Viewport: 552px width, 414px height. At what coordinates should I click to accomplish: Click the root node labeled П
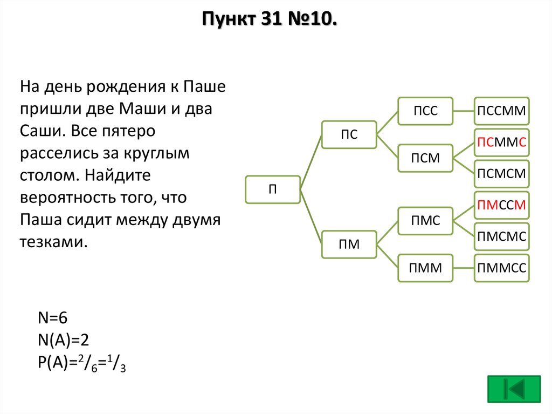point(273,189)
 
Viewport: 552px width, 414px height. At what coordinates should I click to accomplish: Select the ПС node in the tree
point(349,134)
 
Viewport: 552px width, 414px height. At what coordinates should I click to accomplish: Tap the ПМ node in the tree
point(349,244)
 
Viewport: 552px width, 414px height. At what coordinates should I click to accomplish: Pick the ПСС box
point(425,111)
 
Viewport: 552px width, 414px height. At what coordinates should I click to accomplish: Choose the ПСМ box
point(425,158)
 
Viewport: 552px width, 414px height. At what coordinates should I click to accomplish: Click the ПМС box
point(425,221)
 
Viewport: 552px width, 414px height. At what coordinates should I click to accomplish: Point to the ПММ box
point(425,268)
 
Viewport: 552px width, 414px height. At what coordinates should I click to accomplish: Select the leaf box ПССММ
point(502,111)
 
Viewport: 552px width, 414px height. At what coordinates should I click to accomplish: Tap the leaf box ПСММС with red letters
point(502,142)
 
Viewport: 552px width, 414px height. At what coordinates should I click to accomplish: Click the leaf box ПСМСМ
point(502,174)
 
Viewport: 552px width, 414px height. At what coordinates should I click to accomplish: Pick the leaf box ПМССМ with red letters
point(502,205)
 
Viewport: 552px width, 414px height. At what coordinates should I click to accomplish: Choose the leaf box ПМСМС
point(502,236)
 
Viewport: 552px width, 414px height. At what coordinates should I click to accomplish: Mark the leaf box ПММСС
point(502,268)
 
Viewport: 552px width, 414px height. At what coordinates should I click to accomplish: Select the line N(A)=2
point(63,340)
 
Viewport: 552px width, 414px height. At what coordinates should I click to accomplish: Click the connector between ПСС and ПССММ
point(464,111)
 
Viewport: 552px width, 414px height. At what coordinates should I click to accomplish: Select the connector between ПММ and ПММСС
point(464,268)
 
